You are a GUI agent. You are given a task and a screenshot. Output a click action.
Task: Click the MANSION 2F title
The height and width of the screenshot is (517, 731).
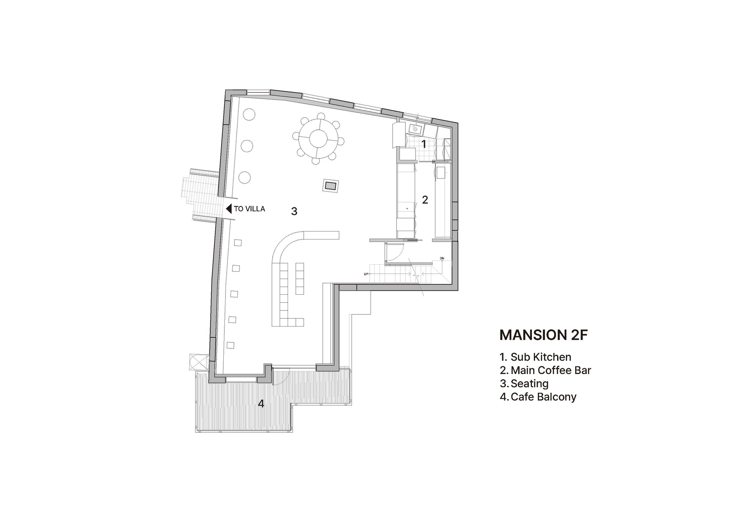543,335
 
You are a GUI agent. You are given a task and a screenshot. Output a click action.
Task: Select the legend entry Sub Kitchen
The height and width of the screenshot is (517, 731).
541,357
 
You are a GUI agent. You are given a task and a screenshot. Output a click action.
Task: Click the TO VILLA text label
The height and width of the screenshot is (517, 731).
249,209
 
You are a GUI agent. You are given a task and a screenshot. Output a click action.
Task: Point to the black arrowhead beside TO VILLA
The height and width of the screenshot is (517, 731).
229,209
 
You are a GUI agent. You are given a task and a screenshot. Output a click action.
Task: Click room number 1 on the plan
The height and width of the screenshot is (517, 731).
424,144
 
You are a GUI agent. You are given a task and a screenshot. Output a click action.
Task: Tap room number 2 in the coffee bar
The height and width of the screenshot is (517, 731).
425,200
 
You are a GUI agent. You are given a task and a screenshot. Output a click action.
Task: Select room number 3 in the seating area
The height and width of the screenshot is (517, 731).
294,211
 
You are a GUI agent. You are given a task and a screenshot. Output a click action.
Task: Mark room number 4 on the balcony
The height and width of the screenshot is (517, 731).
261,404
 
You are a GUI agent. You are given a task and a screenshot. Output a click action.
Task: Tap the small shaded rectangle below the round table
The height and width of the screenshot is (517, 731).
330,186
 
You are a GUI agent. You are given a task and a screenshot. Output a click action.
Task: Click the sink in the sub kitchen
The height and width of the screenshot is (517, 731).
416,128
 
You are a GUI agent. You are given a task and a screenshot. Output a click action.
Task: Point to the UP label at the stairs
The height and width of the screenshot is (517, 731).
365,273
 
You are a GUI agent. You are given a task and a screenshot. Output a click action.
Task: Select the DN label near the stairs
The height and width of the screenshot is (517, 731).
442,258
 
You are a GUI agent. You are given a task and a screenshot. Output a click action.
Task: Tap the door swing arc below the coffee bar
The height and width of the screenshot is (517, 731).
395,252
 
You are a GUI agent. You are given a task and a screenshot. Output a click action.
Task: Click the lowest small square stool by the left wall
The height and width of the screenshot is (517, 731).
230,345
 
